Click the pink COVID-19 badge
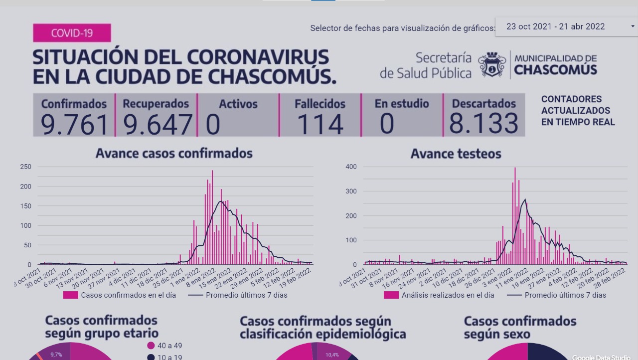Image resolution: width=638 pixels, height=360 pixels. click(72, 33)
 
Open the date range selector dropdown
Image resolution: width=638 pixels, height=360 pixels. click(566, 27)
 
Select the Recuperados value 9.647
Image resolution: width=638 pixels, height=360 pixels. click(157, 124)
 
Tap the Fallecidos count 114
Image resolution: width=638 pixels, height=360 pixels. click(319, 124)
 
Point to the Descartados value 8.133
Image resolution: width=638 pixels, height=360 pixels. click(483, 124)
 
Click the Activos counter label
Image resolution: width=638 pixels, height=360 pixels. click(238, 104)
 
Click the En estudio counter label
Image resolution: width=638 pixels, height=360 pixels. click(402, 104)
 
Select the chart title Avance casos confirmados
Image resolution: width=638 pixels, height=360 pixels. click(174, 153)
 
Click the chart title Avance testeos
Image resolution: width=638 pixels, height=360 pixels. click(456, 154)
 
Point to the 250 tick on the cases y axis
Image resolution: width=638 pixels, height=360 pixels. click(25, 167)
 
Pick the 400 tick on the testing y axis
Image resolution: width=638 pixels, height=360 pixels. click(351, 167)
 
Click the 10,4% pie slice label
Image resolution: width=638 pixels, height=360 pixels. click(332, 355)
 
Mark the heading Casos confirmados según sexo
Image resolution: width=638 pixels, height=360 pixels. click(520, 327)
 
